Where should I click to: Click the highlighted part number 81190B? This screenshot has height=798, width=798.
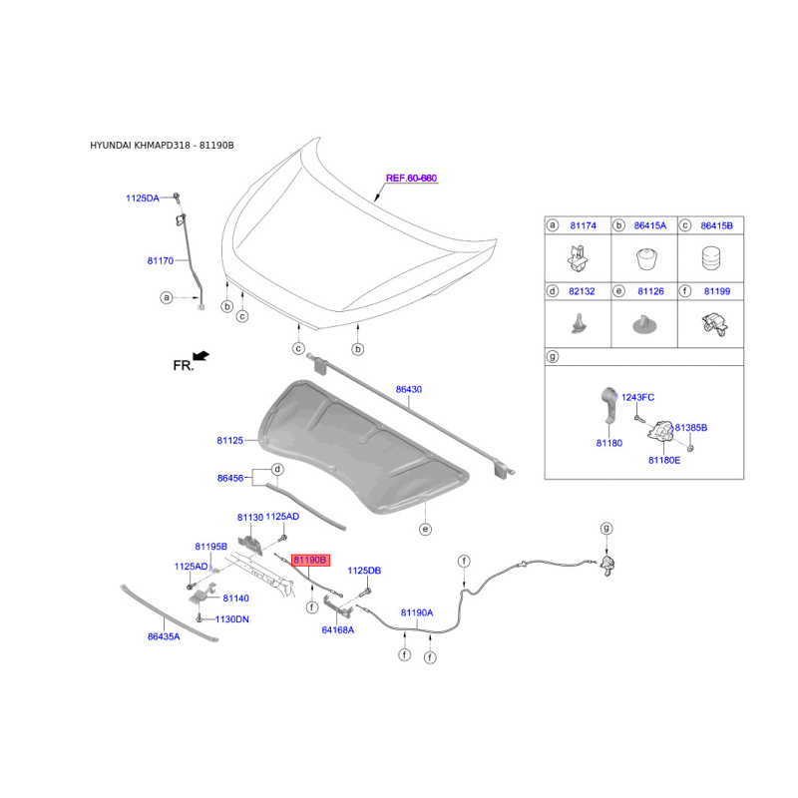coord(310,561)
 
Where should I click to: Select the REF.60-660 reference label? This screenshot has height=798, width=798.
coord(411,179)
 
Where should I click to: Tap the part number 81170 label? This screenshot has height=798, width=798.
coord(161,260)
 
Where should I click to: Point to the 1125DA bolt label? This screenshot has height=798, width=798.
coord(143,198)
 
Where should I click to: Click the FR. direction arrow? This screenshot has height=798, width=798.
coord(201,356)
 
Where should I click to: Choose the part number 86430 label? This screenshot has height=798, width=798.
coord(409,389)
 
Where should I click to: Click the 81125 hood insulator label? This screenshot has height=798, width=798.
coord(230,440)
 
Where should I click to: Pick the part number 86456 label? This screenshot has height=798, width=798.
coord(230,478)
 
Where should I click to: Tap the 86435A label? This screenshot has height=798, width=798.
coord(164,636)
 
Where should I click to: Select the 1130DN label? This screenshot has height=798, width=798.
coord(232,619)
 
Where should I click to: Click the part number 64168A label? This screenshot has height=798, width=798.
coord(338,630)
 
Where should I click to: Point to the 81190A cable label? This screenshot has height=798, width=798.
coord(417,612)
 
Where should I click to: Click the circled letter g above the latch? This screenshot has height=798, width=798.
coord(606,529)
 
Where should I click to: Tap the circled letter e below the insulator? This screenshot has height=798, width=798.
coord(426,530)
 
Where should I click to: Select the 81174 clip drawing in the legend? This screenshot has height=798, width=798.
coord(579,257)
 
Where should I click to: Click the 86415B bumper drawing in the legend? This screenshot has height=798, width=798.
coord(711,258)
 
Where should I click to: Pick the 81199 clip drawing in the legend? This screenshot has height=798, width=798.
coord(714,325)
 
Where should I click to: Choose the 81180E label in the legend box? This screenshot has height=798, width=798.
coord(664,460)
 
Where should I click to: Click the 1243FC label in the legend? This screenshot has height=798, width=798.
coord(637,397)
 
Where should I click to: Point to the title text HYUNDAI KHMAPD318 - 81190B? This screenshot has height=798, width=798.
coord(162,146)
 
